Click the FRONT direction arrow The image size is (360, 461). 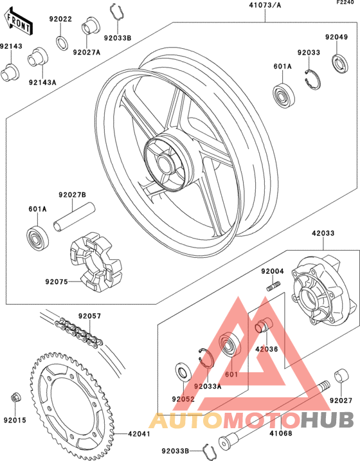coord(18,22)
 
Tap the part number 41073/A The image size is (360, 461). coord(265,5)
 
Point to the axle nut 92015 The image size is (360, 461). coord(15,397)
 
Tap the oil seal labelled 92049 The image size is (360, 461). coord(340,63)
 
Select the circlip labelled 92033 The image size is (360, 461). coord(312,79)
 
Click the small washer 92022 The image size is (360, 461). coord(62,42)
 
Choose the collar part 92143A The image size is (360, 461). coord(38,57)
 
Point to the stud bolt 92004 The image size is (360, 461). coord(274,285)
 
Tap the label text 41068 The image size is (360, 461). coord(281,433)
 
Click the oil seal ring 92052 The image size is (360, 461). coord(183,372)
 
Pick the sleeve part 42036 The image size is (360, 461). coord(264,325)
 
